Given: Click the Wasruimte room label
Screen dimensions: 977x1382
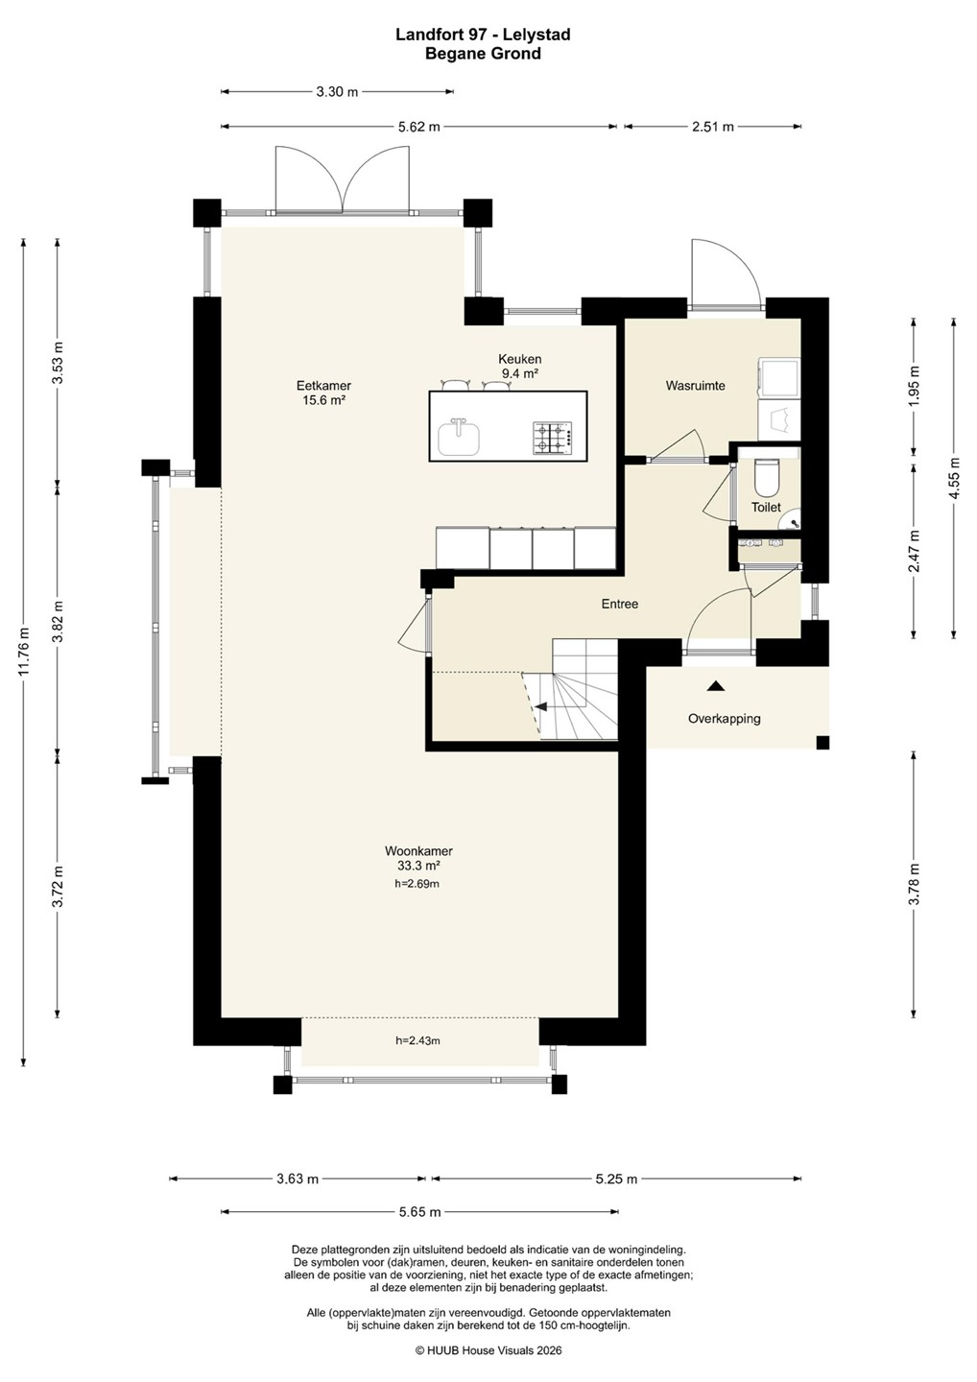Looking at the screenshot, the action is click(695, 386).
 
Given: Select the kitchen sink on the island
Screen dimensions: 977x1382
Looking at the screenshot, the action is click(459, 438).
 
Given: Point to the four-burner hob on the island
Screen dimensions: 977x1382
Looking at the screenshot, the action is click(552, 438).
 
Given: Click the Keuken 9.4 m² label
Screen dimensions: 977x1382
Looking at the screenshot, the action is click(520, 366).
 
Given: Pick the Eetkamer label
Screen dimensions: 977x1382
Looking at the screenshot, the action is click(323, 393).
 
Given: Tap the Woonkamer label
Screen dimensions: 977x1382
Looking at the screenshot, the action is click(418, 858).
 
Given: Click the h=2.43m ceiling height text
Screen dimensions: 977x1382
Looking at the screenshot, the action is click(418, 1040).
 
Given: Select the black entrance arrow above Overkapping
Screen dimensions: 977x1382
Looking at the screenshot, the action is click(716, 685).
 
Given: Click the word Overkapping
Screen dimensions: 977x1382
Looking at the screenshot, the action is click(725, 719).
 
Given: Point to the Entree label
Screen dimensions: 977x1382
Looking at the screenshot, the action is click(620, 604).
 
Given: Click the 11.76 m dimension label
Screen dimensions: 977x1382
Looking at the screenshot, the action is click(24, 652).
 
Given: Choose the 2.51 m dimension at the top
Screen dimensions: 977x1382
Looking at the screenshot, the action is click(713, 127).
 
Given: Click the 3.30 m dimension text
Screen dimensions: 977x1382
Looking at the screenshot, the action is click(337, 92).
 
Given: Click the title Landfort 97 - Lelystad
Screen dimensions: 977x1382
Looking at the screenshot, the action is click(483, 36).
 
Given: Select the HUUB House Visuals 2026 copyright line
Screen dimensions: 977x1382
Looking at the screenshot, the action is click(488, 1350).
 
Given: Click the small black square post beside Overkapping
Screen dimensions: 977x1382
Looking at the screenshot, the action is click(822, 743).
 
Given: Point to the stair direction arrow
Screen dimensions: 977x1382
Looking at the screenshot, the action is click(541, 707).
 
